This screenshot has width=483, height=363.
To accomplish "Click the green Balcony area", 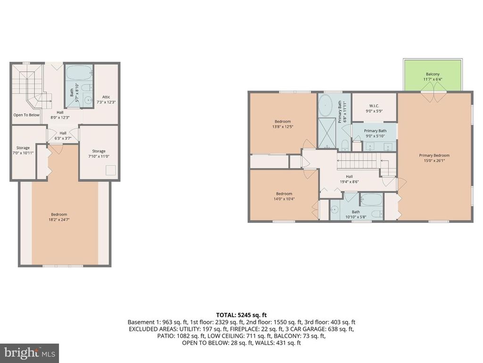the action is click(433, 75).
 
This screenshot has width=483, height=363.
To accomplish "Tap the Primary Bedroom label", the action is click(434, 158).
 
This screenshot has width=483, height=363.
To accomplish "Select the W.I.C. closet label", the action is click(374, 108).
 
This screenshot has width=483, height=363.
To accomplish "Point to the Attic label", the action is click(106, 99).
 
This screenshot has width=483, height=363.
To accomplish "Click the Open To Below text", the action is click(26, 115).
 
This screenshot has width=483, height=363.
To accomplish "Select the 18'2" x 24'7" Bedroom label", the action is click(59, 217).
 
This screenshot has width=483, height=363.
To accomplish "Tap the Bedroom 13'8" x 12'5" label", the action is click(283, 124).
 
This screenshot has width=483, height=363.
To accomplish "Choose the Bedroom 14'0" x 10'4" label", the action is click(284, 196).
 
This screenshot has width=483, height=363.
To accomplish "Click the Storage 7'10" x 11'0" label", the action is click(99, 154).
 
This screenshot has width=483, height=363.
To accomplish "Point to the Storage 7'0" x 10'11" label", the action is click(23, 150).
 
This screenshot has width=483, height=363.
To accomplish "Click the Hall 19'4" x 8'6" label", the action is click(350, 179).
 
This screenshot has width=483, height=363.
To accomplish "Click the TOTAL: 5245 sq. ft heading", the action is click(241, 315).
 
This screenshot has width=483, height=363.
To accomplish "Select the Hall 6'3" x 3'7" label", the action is click(63, 136).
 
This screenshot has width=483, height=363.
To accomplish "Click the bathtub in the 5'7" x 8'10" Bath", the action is click(79, 73).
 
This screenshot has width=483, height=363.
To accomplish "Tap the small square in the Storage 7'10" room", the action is click(111, 170).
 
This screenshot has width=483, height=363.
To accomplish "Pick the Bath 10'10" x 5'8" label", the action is click(356, 214).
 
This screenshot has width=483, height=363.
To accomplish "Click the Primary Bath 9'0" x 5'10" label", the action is click(375, 133).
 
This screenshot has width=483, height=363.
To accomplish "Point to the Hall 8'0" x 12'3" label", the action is click(60, 115).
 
